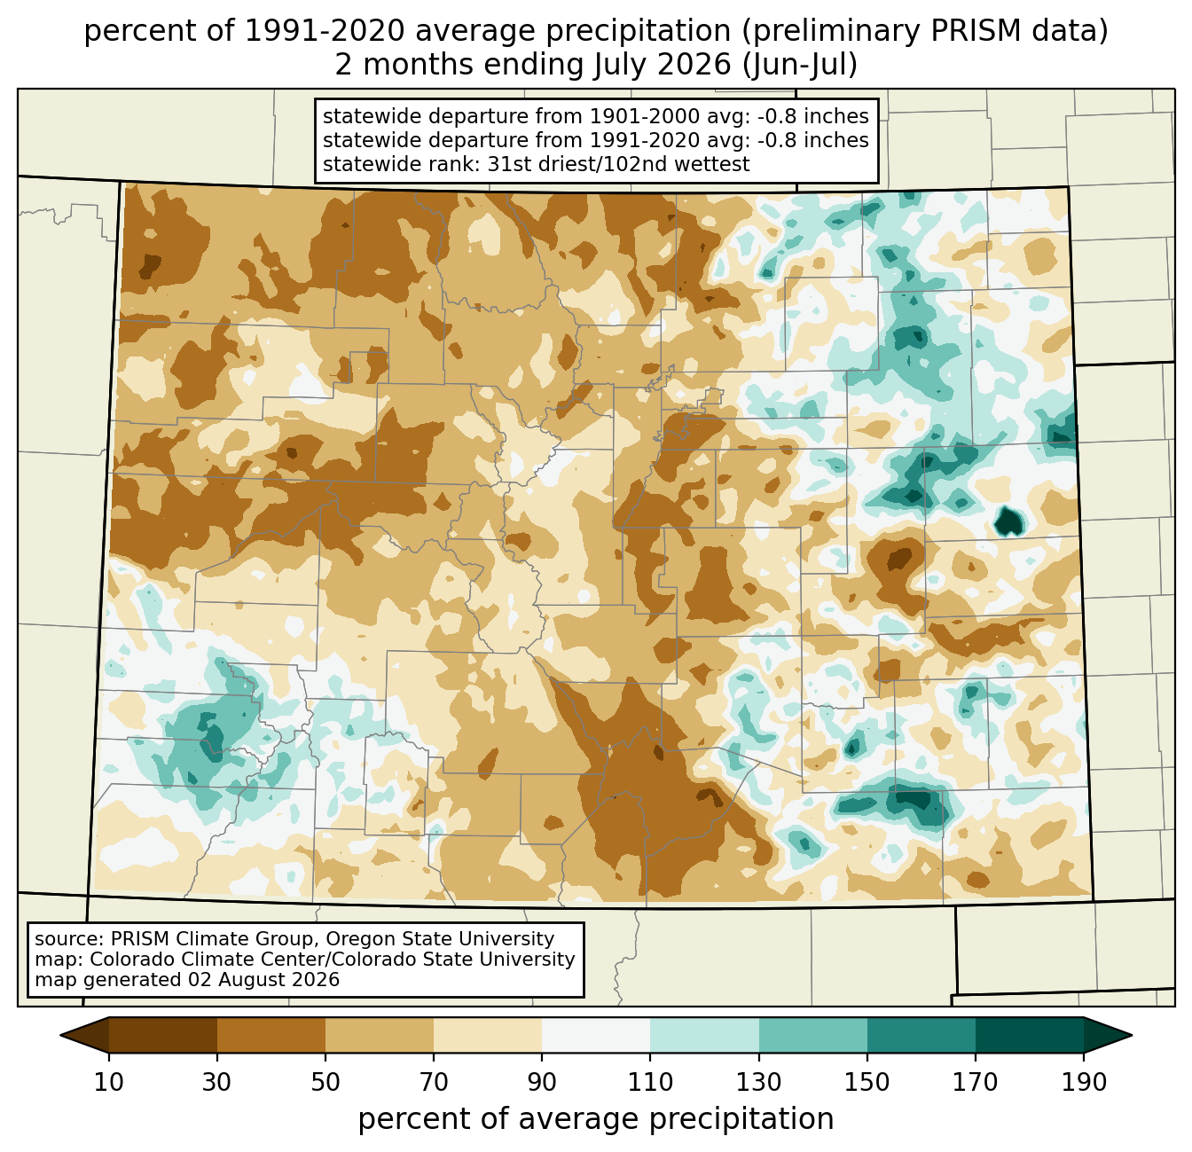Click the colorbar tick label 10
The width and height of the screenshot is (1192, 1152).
[x=108, y=1082]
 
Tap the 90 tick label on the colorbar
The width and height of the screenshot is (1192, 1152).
[x=542, y=1082]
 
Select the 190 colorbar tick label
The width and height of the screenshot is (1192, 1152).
[x=1084, y=1082]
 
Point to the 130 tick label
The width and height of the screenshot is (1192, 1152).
[x=758, y=1082]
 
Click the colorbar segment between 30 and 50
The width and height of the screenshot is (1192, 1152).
[x=271, y=1035]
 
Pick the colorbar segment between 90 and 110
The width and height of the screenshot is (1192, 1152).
[x=596, y=1035]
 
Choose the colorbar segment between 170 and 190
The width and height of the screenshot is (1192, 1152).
[x=1029, y=1035]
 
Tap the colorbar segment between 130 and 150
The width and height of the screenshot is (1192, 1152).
[x=812, y=1035]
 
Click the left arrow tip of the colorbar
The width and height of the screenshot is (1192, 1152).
[x=60, y=1035]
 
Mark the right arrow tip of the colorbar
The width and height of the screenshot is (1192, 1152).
[x=1132, y=1035]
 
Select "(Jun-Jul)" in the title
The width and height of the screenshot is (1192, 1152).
[x=799, y=65]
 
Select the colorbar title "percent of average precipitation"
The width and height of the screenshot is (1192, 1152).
[x=596, y=1119]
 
